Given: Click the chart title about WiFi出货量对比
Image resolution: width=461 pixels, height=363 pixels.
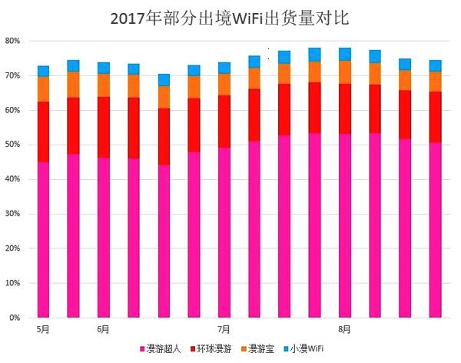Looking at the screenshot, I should pyautogui.click(x=230, y=17).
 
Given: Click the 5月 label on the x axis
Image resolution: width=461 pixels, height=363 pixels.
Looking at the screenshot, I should pyautogui.click(x=43, y=330).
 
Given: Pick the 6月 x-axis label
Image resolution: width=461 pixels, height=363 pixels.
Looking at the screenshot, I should pyautogui.click(x=103, y=330).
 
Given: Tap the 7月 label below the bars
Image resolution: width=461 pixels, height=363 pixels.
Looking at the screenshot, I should pyautogui.click(x=224, y=330).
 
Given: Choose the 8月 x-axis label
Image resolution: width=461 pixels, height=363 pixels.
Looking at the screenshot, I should pyautogui.click(x=345, y=330).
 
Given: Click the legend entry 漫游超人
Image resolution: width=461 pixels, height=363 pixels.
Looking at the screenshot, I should pyautogui.click(x=164, y=349).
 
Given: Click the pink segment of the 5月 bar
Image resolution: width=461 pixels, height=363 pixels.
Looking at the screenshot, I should pyautogui.click(x=43, y=238).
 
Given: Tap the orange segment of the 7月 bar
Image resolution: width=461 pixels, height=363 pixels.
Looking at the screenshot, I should pyautogui.click(x=224, y=84).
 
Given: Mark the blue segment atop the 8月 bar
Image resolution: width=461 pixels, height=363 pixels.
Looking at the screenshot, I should pyautogui.click(x=345, y=54).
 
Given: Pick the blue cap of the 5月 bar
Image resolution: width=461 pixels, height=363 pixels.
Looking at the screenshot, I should pyautogui.click(x=43, y=72).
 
